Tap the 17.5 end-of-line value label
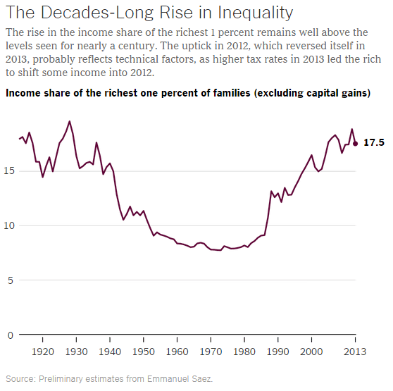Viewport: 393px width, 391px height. (x=373, y=143)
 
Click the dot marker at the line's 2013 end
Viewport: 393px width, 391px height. (x=356, y=143)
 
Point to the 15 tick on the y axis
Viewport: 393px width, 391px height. (x=8, y=170)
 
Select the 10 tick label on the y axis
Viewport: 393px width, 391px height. (x=8, y=225)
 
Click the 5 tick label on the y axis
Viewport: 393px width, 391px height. (x=11, y=280)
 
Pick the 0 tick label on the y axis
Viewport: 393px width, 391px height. (x=11, y=335)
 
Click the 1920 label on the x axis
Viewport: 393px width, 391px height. (x=44, y=350)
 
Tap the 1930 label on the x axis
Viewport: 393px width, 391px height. (x=77, y=350)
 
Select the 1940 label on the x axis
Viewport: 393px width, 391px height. (x=111, y=350)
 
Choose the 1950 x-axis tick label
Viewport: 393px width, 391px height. (x=144, y=350)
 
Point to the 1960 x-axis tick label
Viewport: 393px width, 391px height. (x=177, y=350)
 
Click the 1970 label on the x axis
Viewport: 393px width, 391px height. (x=211, y=350)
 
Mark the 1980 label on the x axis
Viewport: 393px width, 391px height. (x=245, y=350)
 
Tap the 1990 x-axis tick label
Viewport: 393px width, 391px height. (x=278, y=350)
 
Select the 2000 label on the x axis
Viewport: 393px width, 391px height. (x=312, y=350)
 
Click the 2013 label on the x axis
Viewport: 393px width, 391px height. (x=355, y=350)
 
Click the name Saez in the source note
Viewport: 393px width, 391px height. (x=201, y=378)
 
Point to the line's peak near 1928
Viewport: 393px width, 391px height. (x=69, y=121)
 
